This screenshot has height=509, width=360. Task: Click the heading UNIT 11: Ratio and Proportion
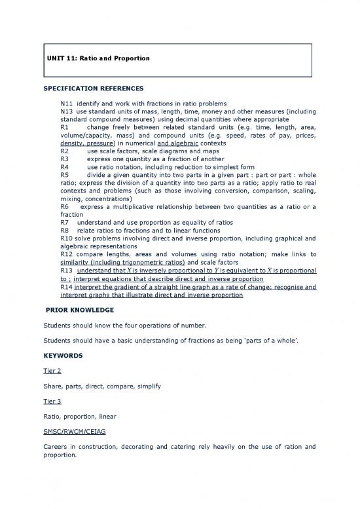(x=98, y=59)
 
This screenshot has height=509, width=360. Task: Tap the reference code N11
(x=67, y=104)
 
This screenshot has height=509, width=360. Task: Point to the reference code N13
(x=67, y=112)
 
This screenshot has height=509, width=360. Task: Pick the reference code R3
(x=64, y=159)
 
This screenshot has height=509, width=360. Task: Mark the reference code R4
(x=64, y=167)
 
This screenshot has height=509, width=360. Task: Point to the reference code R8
(x=64, y=231)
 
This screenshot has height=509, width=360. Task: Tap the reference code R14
(x=67, y=286)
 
